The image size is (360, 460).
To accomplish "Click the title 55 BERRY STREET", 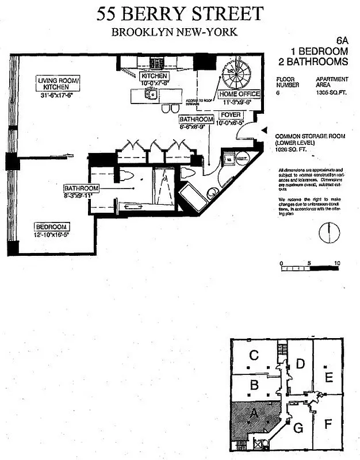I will (180, 13).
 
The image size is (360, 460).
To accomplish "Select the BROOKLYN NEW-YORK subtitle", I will (174, 33).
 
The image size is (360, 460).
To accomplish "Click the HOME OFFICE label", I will (240, 94).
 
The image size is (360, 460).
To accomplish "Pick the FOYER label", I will (231, 115).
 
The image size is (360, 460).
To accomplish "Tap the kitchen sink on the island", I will (151, 95).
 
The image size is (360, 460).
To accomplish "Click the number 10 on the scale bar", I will (336, 263).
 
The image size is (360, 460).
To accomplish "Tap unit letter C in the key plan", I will (252, 356).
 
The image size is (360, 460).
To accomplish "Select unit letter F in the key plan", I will (328, 425).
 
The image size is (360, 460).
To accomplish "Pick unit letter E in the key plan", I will (328, 377).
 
